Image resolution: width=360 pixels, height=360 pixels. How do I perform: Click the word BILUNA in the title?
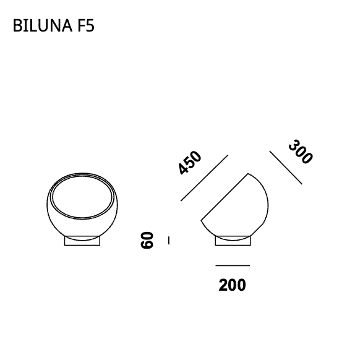[43, 25]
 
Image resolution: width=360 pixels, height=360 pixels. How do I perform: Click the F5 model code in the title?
[86, 25]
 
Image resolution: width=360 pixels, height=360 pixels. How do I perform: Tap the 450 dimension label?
[190, 162]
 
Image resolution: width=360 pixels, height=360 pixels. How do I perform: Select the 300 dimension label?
[301, 152]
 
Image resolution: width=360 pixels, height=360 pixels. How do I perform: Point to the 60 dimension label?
[147, 240]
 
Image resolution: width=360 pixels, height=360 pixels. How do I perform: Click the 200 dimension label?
[232, 285]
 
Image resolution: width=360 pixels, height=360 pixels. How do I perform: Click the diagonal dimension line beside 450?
[204, 178]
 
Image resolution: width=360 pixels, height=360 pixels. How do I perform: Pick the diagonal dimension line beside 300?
[286, 168]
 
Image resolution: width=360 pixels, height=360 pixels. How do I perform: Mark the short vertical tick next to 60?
[169, 241]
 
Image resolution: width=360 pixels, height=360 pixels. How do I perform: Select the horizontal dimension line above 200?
[233, 265]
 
